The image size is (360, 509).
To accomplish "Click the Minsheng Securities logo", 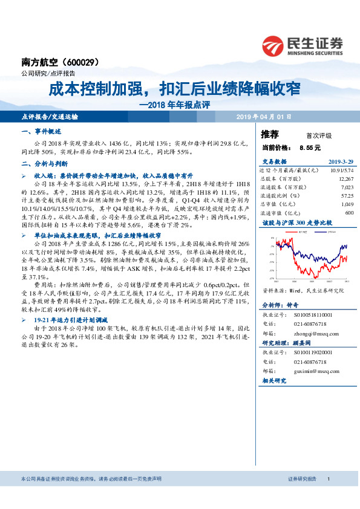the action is click(302, 44).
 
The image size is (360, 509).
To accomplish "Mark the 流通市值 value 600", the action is click(348, 213).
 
